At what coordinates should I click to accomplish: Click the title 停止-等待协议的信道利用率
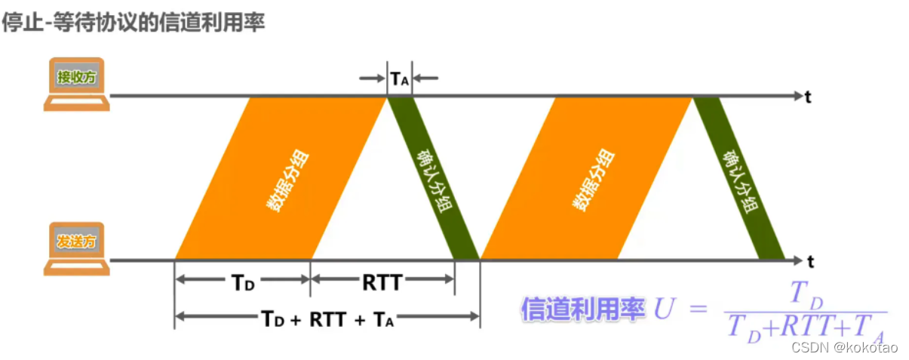click(x=134, y=22)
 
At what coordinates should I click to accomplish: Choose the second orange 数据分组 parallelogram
click(x=586, y=179)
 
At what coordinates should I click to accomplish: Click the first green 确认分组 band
click(x=433, y=179)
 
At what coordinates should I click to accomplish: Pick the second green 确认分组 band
click(x=739, y=179)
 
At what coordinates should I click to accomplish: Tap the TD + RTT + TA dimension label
click(x=327, y=318)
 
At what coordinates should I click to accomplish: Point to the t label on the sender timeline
click(x=810, y=262)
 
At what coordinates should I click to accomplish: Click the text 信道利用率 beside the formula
click(x=582, y=309)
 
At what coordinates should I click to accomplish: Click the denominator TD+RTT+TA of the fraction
click(x=804, y=328)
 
